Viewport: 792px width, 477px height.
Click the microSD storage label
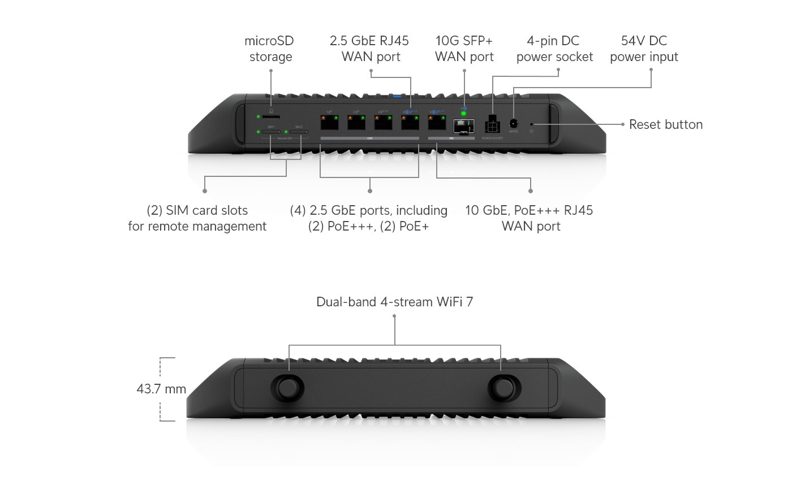click(x=269, y=49)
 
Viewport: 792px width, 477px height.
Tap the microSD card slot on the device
click(x=271, y=116)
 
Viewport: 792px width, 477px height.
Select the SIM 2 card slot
click(x=299, y=132)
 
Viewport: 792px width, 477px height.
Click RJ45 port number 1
click(x=329, y=121)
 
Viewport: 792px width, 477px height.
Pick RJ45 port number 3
click(x=383, y=121)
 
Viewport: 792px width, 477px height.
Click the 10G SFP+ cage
click(x=464, y=127)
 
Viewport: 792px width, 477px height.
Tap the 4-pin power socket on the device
click(x=492, y=125)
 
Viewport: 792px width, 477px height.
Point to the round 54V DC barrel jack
click(x=514, y=123)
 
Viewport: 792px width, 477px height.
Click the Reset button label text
click(x=666, y=124)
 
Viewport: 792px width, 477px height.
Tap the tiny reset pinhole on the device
click(x=531, y=124)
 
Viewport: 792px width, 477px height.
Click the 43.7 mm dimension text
click(x=161, y=389)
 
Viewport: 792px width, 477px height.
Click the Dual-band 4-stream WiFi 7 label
click(x=394, y=302)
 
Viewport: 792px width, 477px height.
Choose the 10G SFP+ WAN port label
click(x=464, y=49)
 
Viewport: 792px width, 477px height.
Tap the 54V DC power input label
click(x=644, y=49)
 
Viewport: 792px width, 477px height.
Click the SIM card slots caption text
click(x=197, y=218)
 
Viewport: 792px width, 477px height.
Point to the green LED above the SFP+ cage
click(x=464, y=113)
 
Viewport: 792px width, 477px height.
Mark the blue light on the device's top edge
click(x=403, y=97)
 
